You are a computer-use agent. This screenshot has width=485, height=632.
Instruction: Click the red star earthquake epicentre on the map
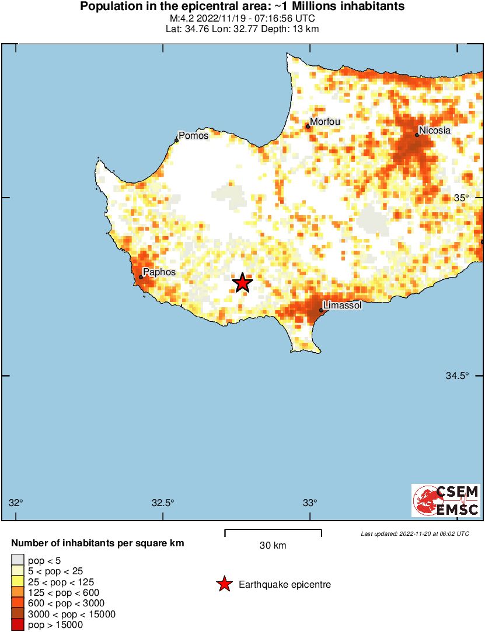click(x=242, y=283)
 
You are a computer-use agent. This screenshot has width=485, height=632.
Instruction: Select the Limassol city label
click(x=343, y=306)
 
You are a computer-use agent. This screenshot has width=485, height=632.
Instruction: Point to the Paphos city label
click(x=159, y=272)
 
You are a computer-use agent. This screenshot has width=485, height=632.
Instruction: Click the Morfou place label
click(x=325, y=122)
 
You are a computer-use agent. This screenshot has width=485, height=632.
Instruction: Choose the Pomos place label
click(x=193, y=136)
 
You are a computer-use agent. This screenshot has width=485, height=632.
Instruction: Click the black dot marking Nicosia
click(x=417, y=135)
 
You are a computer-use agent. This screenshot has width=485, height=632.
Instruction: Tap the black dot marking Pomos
click(x=177, y=141)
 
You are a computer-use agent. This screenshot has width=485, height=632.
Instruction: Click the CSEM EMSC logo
click(x=446, y=500)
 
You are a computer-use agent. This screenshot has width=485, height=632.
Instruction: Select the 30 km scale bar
click(x=273, y=532)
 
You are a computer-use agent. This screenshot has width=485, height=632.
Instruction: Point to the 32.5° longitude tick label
click(x=163, y=503)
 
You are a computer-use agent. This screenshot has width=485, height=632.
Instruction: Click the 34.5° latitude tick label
click(x=458, y=376)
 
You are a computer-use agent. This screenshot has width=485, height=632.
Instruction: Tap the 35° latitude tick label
click(x=462, y=198)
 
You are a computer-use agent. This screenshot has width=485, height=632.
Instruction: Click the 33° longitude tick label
click(x=310, y=503)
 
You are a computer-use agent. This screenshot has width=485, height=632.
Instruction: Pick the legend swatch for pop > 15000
click(x=18, y=625)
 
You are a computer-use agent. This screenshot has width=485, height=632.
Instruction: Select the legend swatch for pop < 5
click(x=18, y=560)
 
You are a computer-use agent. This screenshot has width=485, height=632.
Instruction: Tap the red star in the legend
click(x=224, y=584)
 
